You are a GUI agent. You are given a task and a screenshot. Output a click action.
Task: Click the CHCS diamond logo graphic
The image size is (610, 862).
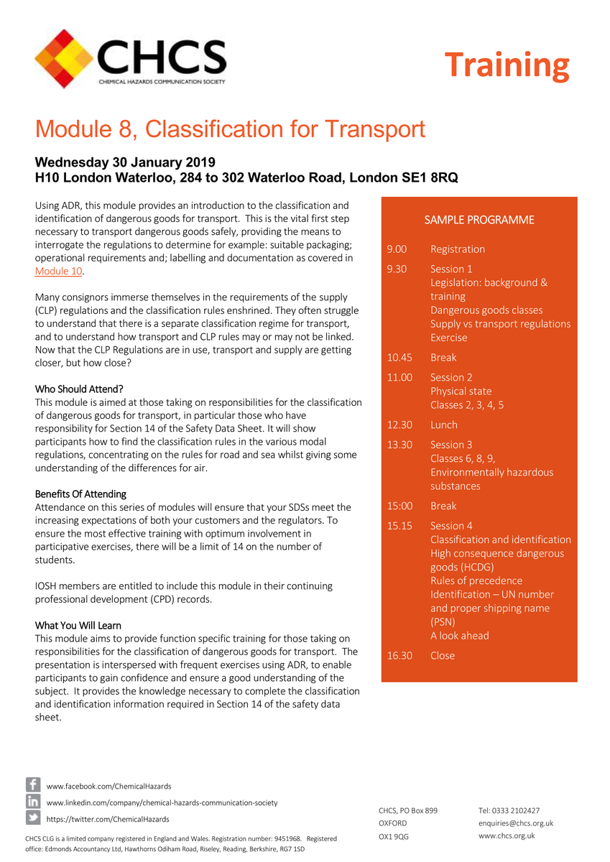65,58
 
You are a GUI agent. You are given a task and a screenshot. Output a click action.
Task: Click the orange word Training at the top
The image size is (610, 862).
507,65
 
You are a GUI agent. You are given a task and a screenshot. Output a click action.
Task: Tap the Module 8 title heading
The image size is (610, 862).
230,129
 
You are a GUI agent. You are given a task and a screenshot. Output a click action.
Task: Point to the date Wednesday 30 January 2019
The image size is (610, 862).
125,162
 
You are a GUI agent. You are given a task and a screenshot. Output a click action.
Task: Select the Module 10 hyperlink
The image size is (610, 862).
59,272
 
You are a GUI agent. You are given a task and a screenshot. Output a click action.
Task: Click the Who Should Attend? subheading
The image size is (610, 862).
79,389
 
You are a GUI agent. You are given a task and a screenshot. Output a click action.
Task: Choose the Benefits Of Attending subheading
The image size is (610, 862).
80,494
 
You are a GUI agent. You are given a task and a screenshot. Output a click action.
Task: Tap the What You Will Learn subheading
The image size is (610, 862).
78,626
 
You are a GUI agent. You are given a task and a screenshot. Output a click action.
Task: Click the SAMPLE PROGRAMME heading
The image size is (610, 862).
479,220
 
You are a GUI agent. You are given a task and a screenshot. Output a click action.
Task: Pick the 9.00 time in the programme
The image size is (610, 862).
397,249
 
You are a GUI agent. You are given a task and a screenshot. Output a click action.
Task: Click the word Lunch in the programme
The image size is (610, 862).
443,425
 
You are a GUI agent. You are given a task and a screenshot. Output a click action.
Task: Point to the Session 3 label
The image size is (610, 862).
451,445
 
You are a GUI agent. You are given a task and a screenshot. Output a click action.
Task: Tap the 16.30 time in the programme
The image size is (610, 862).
399,656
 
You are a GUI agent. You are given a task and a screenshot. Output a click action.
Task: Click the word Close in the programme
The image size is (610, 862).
442,656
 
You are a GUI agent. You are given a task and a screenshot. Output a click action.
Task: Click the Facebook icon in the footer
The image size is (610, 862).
33,785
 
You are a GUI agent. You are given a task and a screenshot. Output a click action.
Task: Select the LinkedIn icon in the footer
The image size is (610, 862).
33,802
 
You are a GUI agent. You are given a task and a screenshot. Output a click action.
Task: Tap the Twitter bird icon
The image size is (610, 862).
33,818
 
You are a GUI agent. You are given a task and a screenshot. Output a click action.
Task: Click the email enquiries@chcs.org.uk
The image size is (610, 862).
515,823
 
